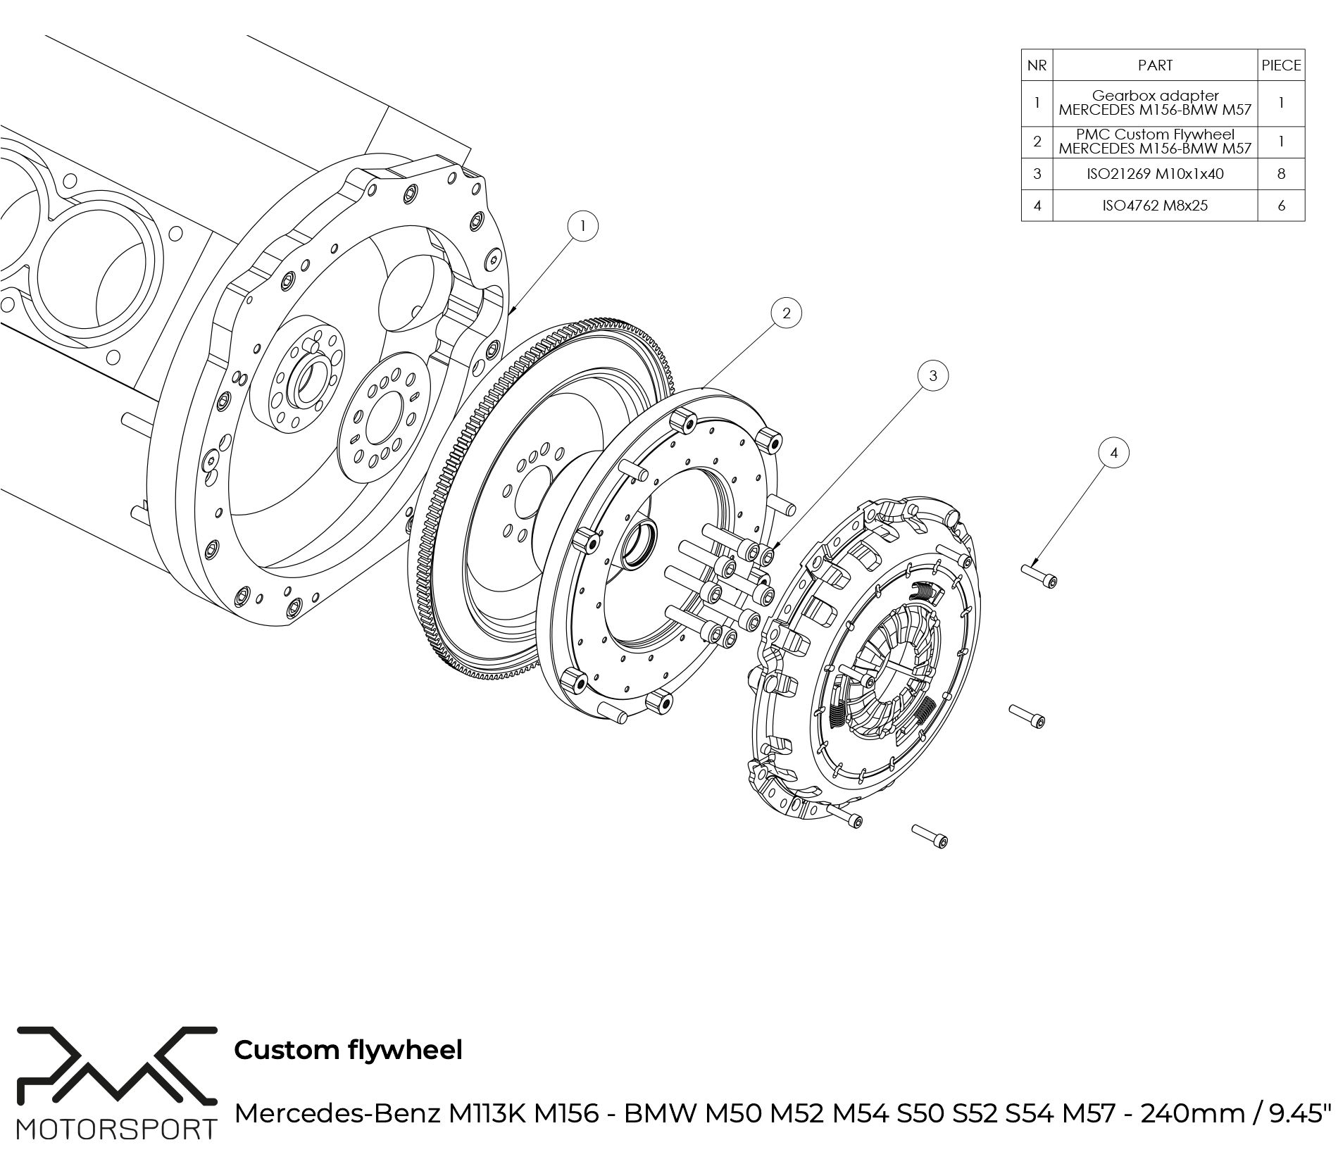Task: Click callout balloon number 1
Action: pos(582,227)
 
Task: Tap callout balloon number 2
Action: pos(786,313)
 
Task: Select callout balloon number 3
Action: pos(933,376)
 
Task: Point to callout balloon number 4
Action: pos(1113,453)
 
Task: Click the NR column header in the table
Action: pos(1037,65)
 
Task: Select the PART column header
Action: pos(1155,65)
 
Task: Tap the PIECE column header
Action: pos(1281,65)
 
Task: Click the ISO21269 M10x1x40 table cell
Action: pos(1155,174)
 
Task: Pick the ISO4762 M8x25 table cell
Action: pos(1155,206)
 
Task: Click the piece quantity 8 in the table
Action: pos(1281,174)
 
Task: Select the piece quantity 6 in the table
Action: pos(1281,206)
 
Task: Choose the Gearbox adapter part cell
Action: pos(1155,103)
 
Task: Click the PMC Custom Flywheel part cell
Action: pos(1155,142)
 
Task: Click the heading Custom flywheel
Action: pos(348,1050)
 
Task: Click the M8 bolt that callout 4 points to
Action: pos(1039,575)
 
